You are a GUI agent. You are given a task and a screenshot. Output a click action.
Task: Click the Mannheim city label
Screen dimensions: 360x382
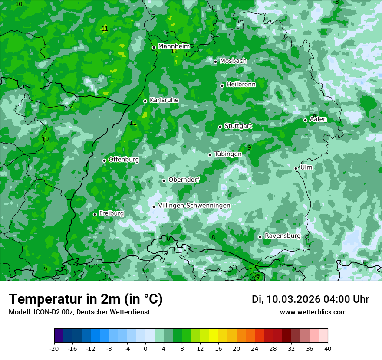tap(174, 46)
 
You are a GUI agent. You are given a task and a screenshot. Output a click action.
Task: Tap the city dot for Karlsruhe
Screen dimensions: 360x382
tap(145, 101)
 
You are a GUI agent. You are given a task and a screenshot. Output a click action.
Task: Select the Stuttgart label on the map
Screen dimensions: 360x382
tap(238, 126)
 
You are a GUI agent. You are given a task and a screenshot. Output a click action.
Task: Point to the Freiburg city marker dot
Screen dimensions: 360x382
tap(95, 214)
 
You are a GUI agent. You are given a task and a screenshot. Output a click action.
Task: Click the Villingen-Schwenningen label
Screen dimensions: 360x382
tap(194, 205)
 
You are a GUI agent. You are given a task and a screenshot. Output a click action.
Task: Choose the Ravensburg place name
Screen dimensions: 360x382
tap(282, 236)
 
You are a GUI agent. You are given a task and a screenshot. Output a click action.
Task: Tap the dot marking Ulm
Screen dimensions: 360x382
tap(296, 168)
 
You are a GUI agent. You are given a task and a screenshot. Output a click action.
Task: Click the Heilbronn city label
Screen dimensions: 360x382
tap(241, 85)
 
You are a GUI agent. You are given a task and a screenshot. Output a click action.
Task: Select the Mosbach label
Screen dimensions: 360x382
tap(233, 61)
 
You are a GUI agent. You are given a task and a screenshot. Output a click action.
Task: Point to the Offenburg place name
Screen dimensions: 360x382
tap(123, 159)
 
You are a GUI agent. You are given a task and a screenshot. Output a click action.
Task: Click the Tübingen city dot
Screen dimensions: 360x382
tap(210, 155)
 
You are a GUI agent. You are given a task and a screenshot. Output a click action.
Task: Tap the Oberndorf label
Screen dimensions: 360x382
tap(184, 180)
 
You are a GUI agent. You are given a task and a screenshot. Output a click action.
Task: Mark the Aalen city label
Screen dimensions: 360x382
tap(318, 119)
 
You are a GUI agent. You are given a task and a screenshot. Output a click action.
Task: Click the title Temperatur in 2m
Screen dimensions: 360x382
tap(86, 299)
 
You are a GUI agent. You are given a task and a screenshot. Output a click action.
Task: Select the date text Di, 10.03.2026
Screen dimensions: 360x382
tap(286, 299)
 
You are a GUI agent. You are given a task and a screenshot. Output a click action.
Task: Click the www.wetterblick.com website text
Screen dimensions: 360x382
tap(313, 312)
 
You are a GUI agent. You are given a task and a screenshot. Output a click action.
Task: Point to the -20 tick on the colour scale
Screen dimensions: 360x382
tap(54, 348)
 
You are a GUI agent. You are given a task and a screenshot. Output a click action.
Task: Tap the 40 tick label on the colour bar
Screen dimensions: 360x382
tap(327, 348)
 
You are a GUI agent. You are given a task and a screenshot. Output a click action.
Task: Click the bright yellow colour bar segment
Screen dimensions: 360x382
tap(214, 336)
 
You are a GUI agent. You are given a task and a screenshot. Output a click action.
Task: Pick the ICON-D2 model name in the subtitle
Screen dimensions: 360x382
tap(44, 312)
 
